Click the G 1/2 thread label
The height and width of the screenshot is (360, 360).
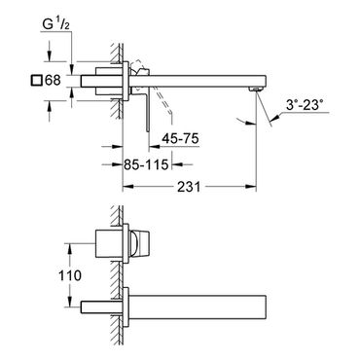click(56, 24)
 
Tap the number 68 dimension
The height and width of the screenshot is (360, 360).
click(53, 80)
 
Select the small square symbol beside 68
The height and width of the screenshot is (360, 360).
click(37, 80)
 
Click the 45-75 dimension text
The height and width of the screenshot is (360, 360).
click(180, 139)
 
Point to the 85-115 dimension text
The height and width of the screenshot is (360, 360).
click(146, 164)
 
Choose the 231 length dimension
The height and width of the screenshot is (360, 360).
click(189, 187)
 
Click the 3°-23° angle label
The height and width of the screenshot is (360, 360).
click(305, 105)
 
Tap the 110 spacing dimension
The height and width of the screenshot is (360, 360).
click(70, 275)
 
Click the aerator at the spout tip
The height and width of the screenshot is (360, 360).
click(255, 89)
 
